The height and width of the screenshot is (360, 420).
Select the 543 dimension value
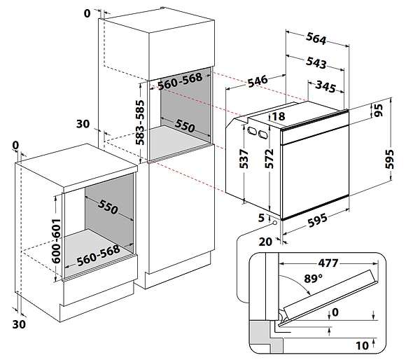pyautogui.click(x=316, y=62)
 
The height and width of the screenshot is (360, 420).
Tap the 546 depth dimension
pyautogui.click(x=258, y=81)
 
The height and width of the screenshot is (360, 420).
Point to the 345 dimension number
pyautogui.click(x=325, y=86)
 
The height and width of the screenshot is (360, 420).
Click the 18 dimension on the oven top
pyautogui.click(x=279, y=116)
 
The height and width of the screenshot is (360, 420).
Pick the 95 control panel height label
pyautogui.click(x=379, y=110)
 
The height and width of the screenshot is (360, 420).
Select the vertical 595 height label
pyautogui.click(x=389, y=159)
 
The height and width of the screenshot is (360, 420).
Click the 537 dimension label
pyautogui.click(x=244, y=159)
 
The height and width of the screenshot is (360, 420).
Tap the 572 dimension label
pyautogui.click(x=269, y=159)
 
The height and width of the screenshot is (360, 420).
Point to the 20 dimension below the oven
pyautogui.click(x=265, y=242)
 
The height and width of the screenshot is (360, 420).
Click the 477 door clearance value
pyautogui.click(x=328, y=263)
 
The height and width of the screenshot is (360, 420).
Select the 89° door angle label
pyautogui.click(x=313, y=279)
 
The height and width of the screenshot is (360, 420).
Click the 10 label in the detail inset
pyautogui.click(x=362, y=345)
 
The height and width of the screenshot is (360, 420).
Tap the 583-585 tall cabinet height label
pyautogui.click(x=140, y=123)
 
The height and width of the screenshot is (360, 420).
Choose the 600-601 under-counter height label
pyautogui.click(x=56, y=241)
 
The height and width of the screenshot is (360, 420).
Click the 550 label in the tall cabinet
pyautogui.click(x=185, y=125)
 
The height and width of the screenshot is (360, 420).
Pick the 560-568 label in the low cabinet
pyautogui.click(x=98, y=256)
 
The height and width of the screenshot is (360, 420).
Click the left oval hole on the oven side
pyautogui.click(x=252, y=130)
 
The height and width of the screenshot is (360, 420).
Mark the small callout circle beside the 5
pyautogui.click(x=274, y=223)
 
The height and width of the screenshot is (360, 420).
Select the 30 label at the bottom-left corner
pyautogui.click(x=19, y=324)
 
